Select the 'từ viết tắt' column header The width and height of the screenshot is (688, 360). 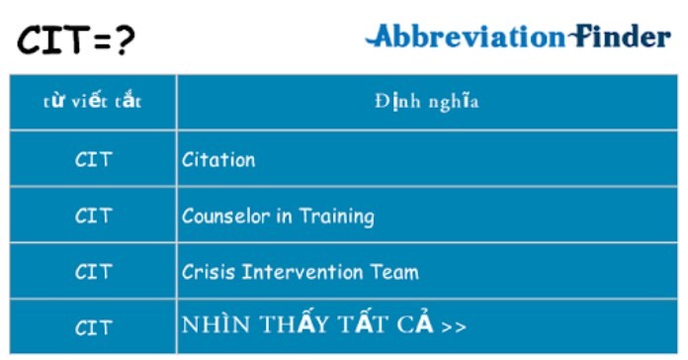coord(93,101)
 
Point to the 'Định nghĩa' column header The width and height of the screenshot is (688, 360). coord(427,101)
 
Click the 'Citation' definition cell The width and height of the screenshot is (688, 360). coord(218,159)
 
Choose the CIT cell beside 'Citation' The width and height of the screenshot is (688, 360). coord(93,159)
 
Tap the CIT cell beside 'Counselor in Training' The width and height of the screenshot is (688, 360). coord(93,216)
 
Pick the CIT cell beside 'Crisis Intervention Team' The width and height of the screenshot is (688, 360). coord(93,271)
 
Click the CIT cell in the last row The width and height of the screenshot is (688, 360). coord(93,326)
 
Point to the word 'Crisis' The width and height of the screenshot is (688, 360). coord(208,271)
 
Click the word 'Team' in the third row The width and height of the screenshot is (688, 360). coord(397,271)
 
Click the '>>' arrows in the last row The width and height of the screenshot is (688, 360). coord(454,326)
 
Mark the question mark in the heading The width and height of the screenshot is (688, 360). coord(124,41)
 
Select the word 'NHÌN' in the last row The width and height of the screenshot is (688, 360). coord(210,326)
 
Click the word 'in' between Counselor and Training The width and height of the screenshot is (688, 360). coord(282,216)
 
